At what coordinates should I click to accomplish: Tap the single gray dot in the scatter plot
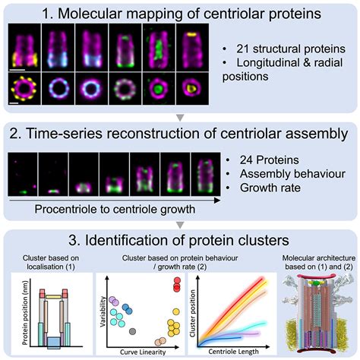click(x=134, y=330)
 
